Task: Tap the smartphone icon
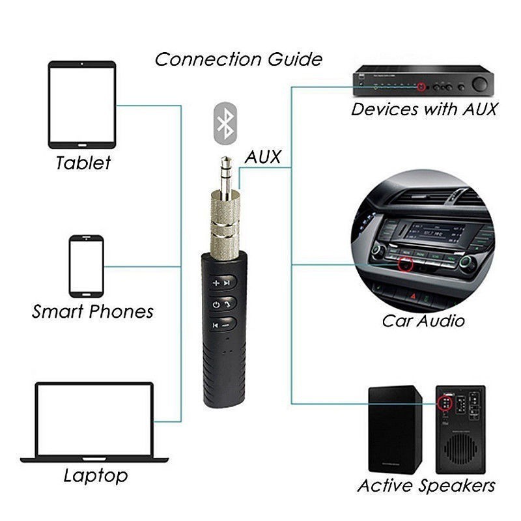[87, 266]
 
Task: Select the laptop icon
[95, 422]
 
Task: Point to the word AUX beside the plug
[263, 157]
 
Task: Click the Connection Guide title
[238, 59]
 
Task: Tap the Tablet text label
[83, 162]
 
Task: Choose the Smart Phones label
[92, 311]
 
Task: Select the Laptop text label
[96, 475]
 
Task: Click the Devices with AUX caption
[424, 109]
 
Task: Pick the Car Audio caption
[423, 320]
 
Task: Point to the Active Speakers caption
[426, 485]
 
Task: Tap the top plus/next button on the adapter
[219, 283]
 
